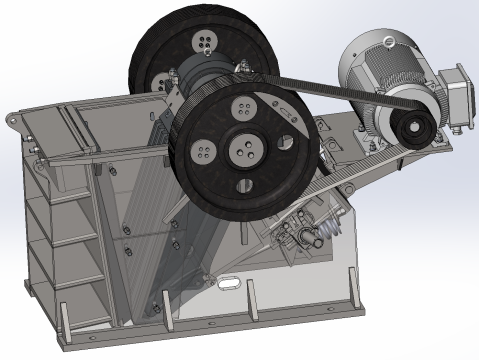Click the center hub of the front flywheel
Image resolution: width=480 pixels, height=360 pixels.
[245, 150]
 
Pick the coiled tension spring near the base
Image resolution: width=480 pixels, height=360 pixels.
[319, 236]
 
